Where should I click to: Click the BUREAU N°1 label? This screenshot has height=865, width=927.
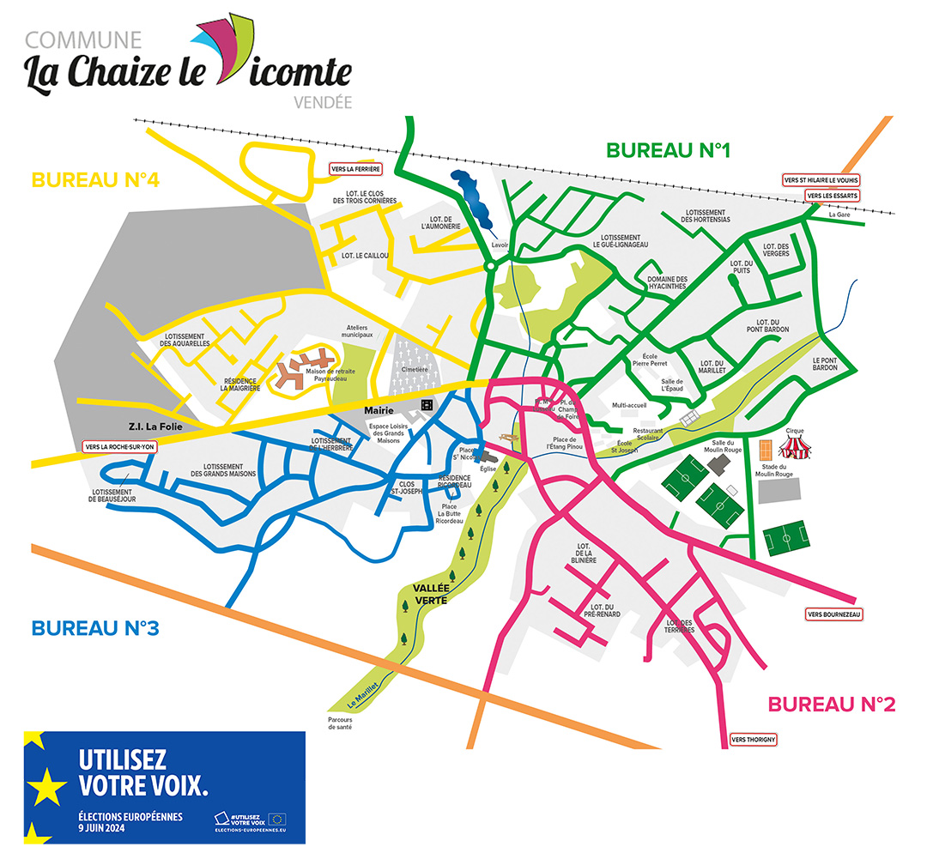[668, 151]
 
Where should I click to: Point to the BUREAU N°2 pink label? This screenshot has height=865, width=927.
[831, 705]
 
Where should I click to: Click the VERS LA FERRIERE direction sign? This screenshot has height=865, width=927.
[356, 169]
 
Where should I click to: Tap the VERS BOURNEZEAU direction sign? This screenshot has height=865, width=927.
[833, 614]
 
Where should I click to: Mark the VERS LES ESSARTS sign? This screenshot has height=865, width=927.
[832, 196]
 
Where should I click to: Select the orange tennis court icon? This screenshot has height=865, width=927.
[766, 449]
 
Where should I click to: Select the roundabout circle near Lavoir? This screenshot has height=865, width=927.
[489, 267]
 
